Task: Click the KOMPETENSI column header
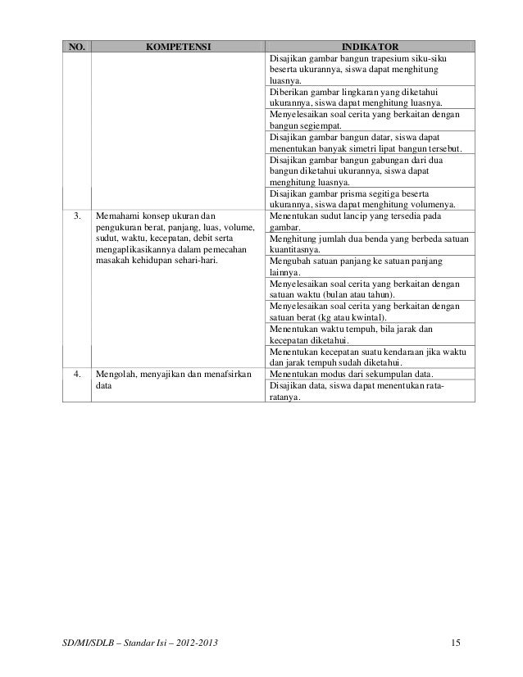pyautogui.click(x=178, y=48)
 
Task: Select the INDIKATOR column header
pyautogui.click(x=371, y=48)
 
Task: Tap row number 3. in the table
pyautogui.click(x=77, y=217)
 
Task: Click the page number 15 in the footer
pyautogui.click(x=457, y=638)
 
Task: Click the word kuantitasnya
pyautogui.click(x=294, y=250)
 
